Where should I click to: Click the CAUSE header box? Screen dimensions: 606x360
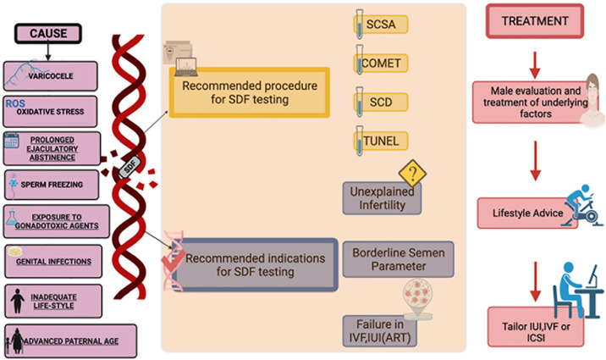point(48,34)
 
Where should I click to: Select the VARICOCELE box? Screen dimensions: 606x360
point(51,75)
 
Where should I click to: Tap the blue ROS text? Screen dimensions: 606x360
point(15,103)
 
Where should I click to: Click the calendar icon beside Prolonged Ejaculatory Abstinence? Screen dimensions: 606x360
point(12,141)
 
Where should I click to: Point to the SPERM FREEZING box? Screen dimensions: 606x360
point(52,185)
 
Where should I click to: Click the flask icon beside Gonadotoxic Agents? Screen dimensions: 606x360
point(12,218)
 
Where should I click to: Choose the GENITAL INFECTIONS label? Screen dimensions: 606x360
point(53,262)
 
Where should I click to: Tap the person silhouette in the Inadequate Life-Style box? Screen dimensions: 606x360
point(18,301)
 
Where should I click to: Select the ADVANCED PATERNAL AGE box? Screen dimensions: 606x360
point(71,341)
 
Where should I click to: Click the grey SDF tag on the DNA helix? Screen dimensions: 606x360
point(129,168)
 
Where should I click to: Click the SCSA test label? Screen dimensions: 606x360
point(381,25)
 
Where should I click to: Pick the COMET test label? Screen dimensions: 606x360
point(381,63)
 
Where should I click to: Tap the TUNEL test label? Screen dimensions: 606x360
point(381,141)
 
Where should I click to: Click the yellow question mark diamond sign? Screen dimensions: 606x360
point(412,174)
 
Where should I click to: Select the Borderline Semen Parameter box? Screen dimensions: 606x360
point(398,259)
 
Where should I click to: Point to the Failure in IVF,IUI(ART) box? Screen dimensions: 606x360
point(379,331)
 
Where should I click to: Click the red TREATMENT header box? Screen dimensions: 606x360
point(535,21)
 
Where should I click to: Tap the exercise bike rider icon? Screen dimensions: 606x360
point(582,205)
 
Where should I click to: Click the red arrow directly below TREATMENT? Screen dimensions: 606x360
point(535,65)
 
